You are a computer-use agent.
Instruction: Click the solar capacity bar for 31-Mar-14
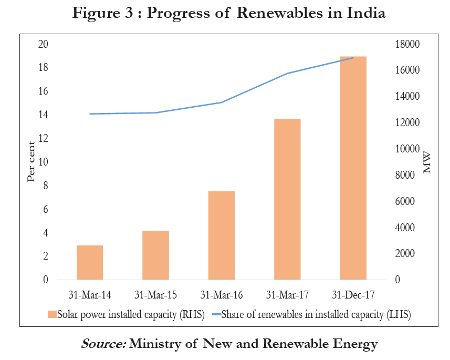(90, 262)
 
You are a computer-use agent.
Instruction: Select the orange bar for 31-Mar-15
(155, 255)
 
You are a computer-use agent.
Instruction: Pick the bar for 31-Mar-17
(287, 199)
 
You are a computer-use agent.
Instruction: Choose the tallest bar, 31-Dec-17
(353, 168)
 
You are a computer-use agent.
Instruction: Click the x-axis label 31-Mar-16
(222, 294)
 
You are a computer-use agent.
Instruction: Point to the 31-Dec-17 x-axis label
(353, 294)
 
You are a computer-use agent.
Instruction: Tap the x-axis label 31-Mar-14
(90, 294)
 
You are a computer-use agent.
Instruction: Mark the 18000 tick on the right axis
(407, 44)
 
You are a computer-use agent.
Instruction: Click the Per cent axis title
(31, 162)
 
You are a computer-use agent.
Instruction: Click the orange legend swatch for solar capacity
(52, 314)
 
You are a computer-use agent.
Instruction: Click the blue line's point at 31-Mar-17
(287, 74)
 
